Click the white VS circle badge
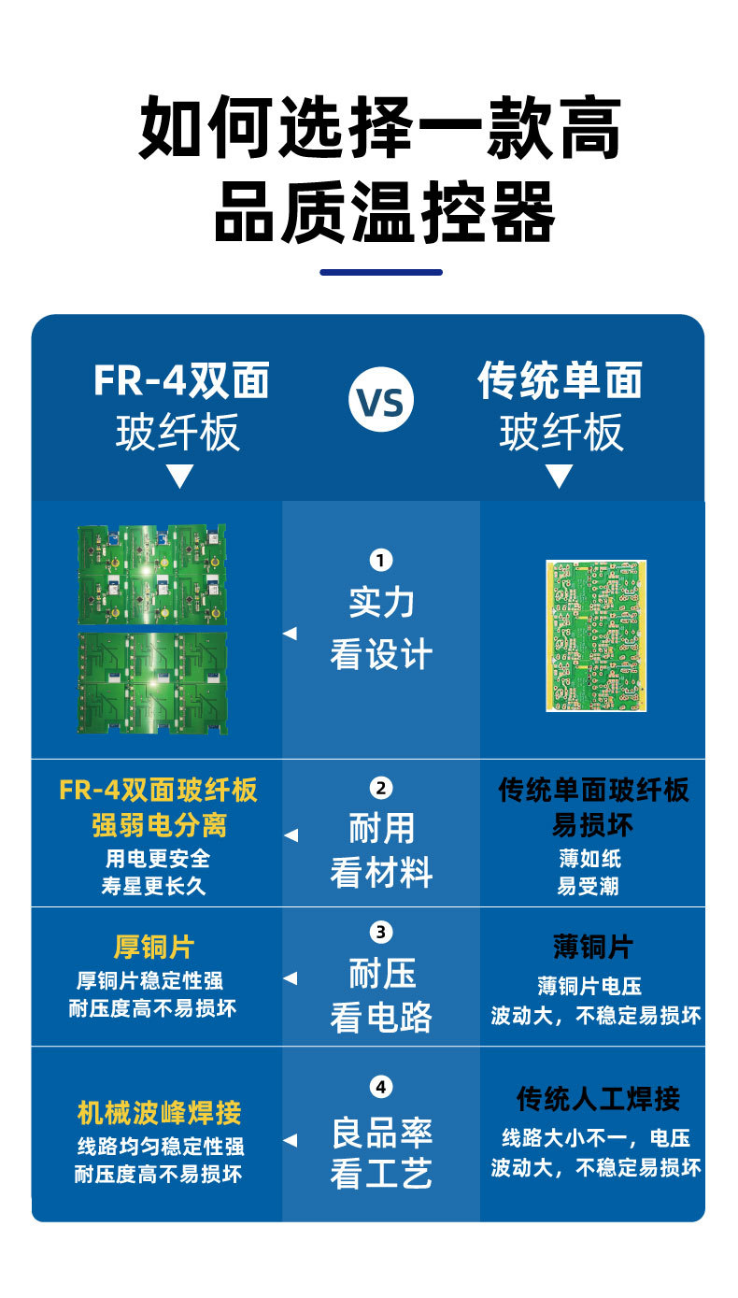pyautogui.click(x=381, y=403)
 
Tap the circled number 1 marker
pyautogui.click(x=381, y=560)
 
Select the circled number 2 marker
pyautogui.click(x=381, y=788)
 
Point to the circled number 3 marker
pyautogui.click(x=381, y=932)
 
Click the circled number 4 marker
pyautogui.click(x=381, y=1087)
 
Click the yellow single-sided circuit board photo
pyautogui.click(x=596, y=635)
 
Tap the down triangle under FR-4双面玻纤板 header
pyautogui.click(x=179, y=478)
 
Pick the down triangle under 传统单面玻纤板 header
pyautogui.click(x=559, y=478)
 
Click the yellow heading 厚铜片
pyautogui.click(x=153, y=947)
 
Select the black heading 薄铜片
pyautogui.click(x=592, y=947)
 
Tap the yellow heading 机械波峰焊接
pyautogui.click(x=159, y=1112)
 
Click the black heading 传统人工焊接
pyautogui.click(x=598, y=1099)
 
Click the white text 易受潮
pyautogui.click(x=588, y=886)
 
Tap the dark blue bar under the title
pyautogui.click(x=381, y=272)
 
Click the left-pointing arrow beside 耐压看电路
pyautogui.click(x=291, y=978)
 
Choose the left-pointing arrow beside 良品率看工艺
pyautogui.click(x=291, y=1140)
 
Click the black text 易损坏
pyautogui.click(x=592, y=825)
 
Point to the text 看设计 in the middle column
pyautogui.click(x=381, y=655)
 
